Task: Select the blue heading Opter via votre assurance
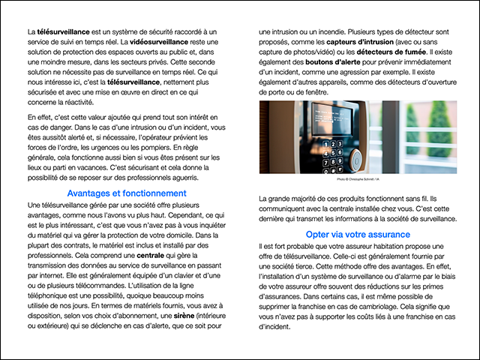pyautogui.click(x=357, y=235)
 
